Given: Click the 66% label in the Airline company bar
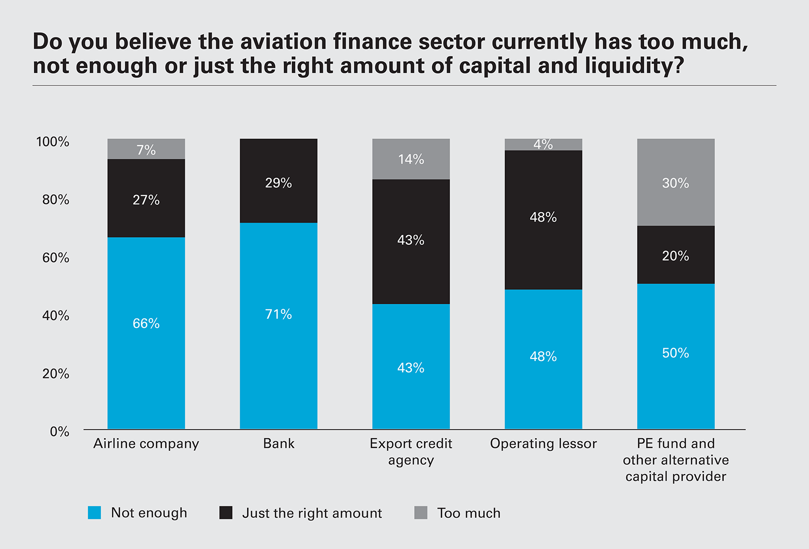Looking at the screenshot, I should click(146, 324).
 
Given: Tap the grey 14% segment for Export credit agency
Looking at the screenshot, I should click(411, 159).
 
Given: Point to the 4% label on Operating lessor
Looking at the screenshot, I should click(544, 145).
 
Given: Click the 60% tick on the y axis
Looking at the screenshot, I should click(56, 258).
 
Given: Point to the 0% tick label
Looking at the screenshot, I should click(60, 432).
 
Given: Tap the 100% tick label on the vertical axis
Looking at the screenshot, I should click(53, 142).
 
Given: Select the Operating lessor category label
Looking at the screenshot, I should click(544, 444).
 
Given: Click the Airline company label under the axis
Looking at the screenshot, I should click(146, 444).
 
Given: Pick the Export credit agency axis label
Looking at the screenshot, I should click(411, 451).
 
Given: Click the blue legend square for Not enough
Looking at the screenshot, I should click(95, 513).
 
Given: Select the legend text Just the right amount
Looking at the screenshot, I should click(312, 513).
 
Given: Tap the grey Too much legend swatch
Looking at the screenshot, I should click(421, 513).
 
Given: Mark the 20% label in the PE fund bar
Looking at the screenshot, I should click(676, 256).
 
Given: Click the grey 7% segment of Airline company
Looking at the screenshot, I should click(146, 149).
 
